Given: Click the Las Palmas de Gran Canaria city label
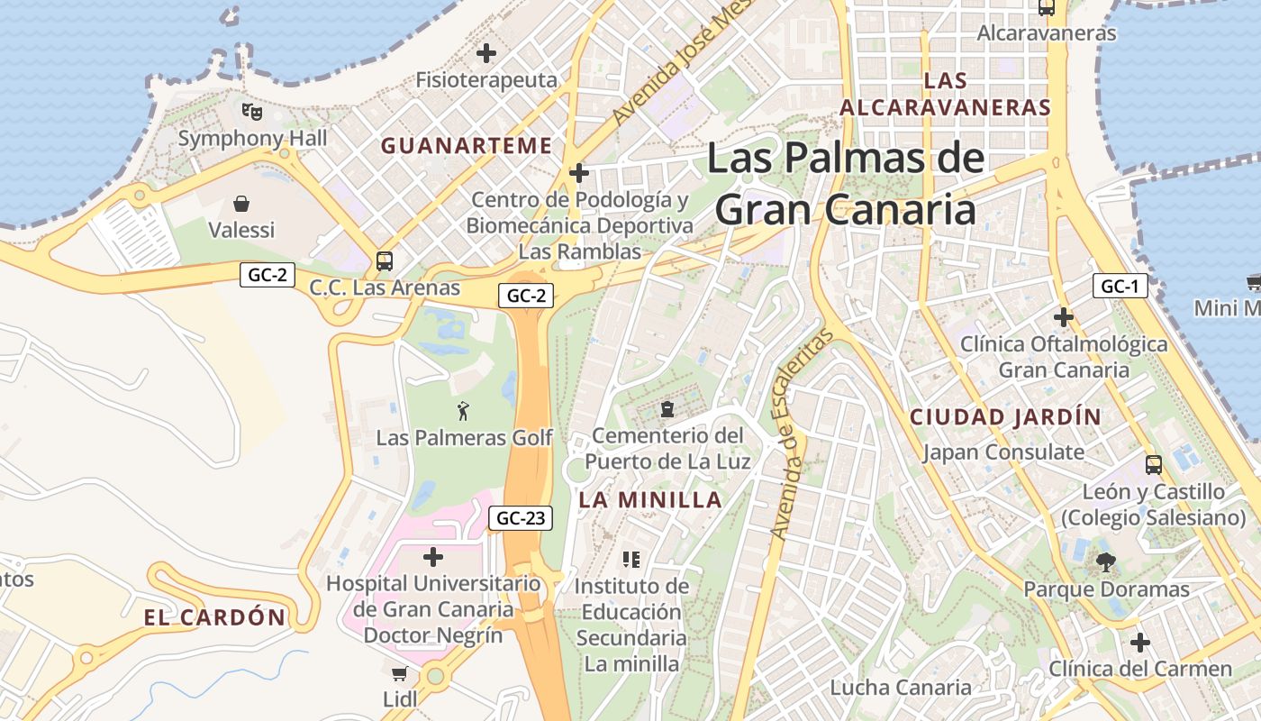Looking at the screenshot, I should tap(845, 184).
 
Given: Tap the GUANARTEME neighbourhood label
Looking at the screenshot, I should tap(467, 145).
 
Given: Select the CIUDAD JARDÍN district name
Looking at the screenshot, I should tap(1005, 417).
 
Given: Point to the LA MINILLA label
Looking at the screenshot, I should tap(650, 500).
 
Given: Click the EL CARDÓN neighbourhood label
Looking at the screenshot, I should tap(214, 617).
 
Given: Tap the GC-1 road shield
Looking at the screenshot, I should tap(1120, 287).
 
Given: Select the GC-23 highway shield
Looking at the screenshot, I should tap(520, 518).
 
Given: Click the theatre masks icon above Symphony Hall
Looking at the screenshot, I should tap(252, 112).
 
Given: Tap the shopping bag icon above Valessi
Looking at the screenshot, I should tap(241, 204).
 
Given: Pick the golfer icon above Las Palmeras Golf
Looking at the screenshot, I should tap(464, 411).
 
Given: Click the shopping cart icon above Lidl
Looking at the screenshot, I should tap(400, 673).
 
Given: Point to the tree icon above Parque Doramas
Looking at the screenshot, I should tap(1106, 562).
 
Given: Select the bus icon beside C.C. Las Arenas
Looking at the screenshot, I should tap(385, 261).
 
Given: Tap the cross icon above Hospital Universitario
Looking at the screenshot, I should tap(433, 556).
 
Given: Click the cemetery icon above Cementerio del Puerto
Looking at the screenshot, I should tap(667, 410).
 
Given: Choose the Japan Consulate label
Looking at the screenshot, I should tap(1002, 452).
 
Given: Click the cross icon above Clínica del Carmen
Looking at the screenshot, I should tap(1140, 643).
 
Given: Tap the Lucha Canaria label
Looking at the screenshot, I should tap(901, 688).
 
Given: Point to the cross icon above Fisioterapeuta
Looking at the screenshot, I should tap(486, 53).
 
